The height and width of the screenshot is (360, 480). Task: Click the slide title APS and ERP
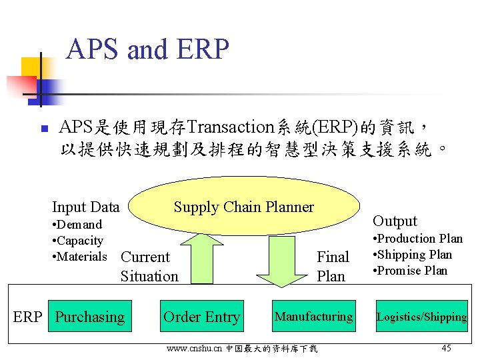pyautogui.click(x=147, y=49)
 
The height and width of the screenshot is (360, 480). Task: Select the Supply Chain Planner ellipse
pyautogui.click(x=243, y=207)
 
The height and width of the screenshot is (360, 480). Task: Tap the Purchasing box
pyautogui.click(x=90, y=317)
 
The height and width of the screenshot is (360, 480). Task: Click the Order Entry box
pyautogui.click(x=201, y=317)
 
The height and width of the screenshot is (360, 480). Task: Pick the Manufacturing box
pyautogui.click(x=313, y=317)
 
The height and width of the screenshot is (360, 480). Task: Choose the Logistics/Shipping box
pyautogui.click(x=421, y=317)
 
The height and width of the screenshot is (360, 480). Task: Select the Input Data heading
pyautogui.click(x=85, y=207)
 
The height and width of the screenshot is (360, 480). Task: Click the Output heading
pyautogui.click(x=395, y=221)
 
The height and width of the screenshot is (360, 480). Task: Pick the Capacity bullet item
pyautogui.click(x=77, y=241)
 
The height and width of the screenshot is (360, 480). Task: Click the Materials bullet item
pyautogui.click(x=79, y=257)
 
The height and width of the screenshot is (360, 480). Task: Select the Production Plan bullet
pyautogui.click(x=417, y=239)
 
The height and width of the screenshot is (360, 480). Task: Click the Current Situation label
pyautogui.click(x=149, y=267)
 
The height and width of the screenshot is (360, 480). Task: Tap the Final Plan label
pyautogui.click(x=332, y=267)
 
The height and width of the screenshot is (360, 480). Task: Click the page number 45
pyautogui.click(x=447, y=348)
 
